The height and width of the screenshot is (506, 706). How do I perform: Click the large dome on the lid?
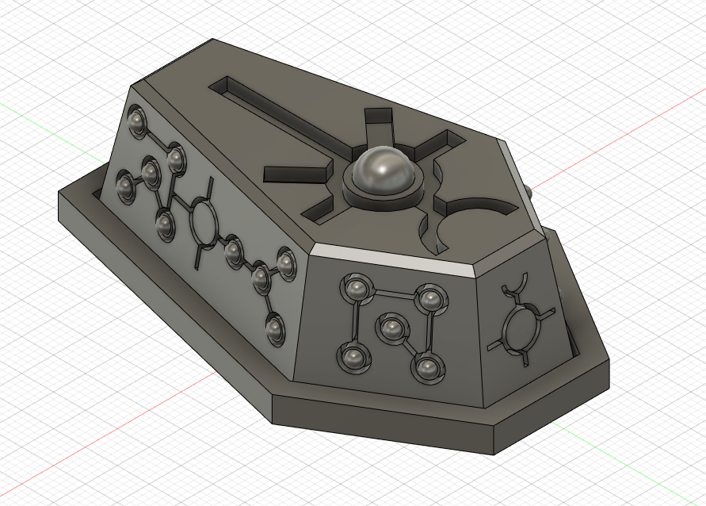click(x=380, y=170)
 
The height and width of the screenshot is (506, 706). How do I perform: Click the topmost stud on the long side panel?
click(x=137, y=120)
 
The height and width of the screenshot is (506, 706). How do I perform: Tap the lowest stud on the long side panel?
click(x=274, y=328)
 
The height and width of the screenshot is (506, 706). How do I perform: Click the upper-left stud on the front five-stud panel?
click(x=354, y=289)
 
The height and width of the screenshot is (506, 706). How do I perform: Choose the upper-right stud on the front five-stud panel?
click(x=429, y=299)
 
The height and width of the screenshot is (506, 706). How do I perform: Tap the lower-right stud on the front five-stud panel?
click(x=426, y=366)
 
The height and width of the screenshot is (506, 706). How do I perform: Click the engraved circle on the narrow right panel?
click(x=519, y=327)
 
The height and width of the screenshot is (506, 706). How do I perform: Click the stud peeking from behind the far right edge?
click(x=525, y=191)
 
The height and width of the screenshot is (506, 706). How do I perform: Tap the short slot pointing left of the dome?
click(x=293, y=174)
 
